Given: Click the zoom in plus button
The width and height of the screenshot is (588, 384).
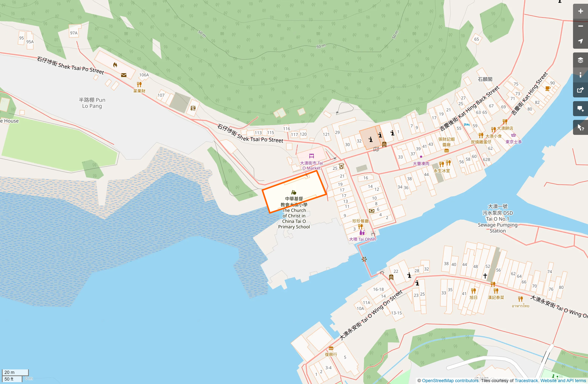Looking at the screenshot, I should click(580, 11).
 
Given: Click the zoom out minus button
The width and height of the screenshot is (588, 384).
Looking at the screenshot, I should click(580, 26).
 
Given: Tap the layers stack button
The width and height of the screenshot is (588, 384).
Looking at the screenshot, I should click(580, 60).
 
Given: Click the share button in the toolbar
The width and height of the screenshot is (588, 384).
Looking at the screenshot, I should click(580, 90).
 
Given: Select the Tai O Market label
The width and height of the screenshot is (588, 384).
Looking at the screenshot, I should click(311, 165).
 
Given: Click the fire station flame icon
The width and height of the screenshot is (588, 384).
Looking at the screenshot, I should click(115, 65).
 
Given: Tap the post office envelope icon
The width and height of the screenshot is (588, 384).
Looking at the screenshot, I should click(124, 75).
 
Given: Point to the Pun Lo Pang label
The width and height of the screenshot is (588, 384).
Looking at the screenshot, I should click(92, 103).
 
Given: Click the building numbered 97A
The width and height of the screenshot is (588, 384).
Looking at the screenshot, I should click(74, 33).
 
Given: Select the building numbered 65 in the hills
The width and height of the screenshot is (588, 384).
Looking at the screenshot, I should click(476, 39).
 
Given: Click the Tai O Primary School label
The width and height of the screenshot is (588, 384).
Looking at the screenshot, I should click(294, 213).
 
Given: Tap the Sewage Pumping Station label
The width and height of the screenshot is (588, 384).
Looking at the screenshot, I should click(497, 219).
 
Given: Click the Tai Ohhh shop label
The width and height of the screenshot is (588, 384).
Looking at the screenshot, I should click(362, 239).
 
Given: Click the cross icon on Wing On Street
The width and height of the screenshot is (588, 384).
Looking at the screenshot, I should click(485, 276).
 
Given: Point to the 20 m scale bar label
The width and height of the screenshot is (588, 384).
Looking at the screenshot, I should click(10, 372).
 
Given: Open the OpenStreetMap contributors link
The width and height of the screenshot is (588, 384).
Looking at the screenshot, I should click(450, 381).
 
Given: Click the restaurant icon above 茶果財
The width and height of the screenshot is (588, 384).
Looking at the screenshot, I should click(139, 84).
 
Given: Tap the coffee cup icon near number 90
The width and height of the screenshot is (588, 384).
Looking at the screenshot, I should click(547, 88).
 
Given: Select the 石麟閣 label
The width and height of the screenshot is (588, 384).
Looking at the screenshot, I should click(485, 79).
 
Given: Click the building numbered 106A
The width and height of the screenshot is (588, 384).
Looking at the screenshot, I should click(144, 75).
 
